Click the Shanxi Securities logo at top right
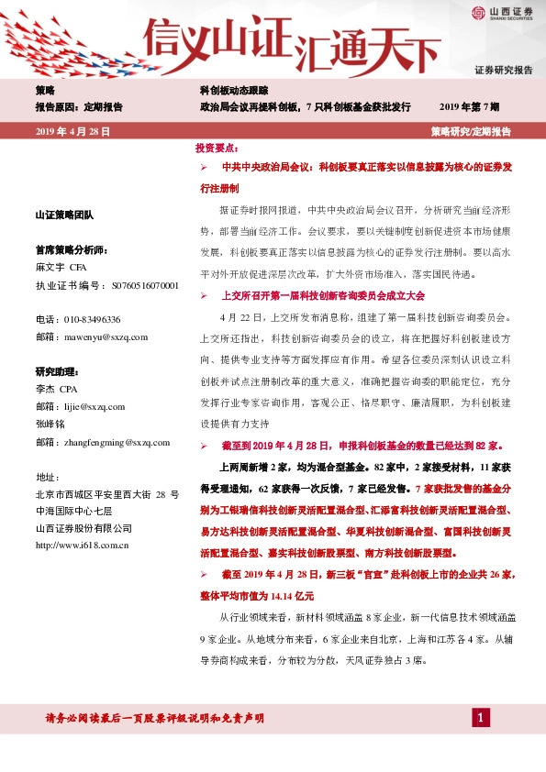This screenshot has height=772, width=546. tap(502, 12)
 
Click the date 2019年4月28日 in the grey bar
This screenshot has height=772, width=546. tap(72, 132)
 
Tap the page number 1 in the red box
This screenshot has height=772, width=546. tap(480, 716)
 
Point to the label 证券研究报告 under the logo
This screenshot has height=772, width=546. tap(504, 70)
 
